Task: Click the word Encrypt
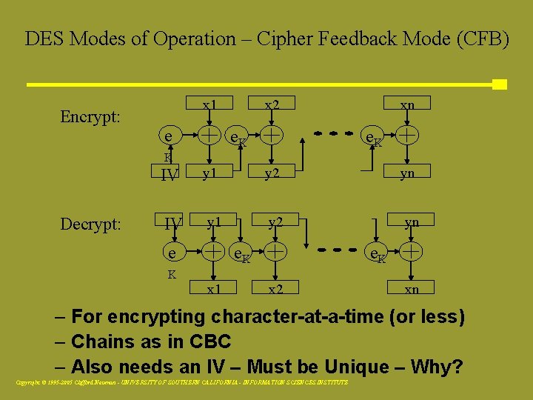[90, 117]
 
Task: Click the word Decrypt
[90, 224]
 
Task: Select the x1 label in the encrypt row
[210, 104]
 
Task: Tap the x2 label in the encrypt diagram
[272, 104]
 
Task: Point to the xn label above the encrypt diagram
[407, 104]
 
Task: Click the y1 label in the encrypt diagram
[210, 173]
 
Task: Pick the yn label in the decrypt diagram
[412, 221]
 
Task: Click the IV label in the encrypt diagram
[170, 175]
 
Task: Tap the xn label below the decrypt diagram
[411, 289]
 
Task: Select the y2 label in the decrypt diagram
[275, 221]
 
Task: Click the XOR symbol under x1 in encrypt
[211, 135]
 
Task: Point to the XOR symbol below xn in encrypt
[407, 135]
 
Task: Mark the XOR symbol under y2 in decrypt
[275, 252]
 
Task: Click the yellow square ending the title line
[499, 84]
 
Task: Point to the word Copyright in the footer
[29, 382]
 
